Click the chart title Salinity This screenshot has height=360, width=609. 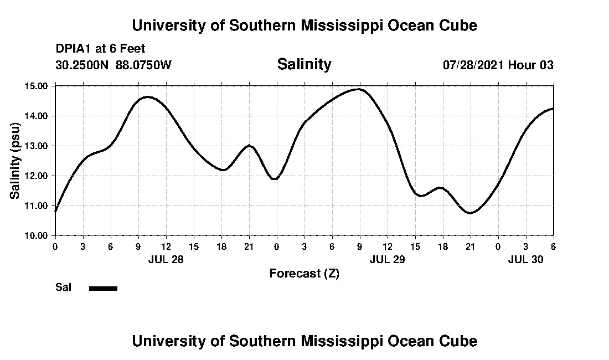pos(304,64)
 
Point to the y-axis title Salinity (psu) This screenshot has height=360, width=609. pos(16,161)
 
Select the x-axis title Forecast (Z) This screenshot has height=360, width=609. pos(304,273)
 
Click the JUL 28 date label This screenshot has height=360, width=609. pos(166,259)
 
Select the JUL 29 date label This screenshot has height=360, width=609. pos(387,259)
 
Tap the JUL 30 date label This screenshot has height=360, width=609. pos(525,259)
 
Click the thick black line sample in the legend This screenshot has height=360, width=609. pos(103,288)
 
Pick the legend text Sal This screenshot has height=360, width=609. pos(63,287)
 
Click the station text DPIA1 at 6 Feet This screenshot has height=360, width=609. pos(100,49)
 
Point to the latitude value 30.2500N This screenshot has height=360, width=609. pos(82,65)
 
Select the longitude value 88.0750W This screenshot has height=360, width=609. pos(144,65)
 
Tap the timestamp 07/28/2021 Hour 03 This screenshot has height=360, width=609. pos(498,65)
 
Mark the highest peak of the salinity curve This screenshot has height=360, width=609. pos(359,89)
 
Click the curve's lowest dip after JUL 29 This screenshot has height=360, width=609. pos(470,213)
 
